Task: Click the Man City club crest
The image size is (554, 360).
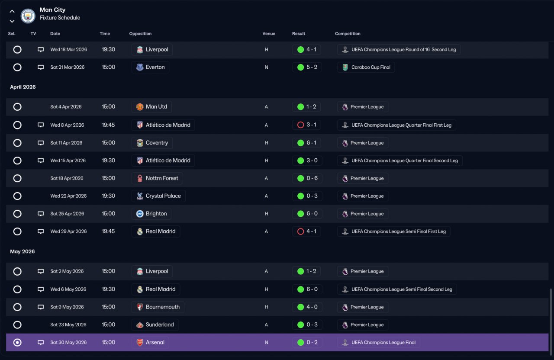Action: (28, 16)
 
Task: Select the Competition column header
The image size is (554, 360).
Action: (348, 34)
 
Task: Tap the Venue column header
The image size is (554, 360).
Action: (269, 34)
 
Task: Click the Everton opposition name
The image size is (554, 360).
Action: (155, 67)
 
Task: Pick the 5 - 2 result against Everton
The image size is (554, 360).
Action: (312, 67)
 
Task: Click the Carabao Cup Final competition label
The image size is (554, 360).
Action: (371, 67)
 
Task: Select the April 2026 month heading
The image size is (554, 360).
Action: (23, 87)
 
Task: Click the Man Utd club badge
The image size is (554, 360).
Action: (140, 107)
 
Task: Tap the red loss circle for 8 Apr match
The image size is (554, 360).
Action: (300, 125)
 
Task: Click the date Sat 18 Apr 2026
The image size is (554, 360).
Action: (67, 178)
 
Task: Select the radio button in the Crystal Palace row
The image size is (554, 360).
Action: (17, 196)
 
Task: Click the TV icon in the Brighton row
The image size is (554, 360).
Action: (41, 214)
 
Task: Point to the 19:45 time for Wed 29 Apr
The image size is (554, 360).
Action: (108, 231)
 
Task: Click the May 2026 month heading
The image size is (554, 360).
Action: (22, 251)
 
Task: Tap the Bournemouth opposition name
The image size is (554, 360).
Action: (162, 307)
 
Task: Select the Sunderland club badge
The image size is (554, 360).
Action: (140, 325)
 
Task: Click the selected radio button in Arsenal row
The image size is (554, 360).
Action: (17, 342)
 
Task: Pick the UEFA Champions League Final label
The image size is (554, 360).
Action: (383, 342)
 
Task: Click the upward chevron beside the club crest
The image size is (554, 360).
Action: (12, 11)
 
